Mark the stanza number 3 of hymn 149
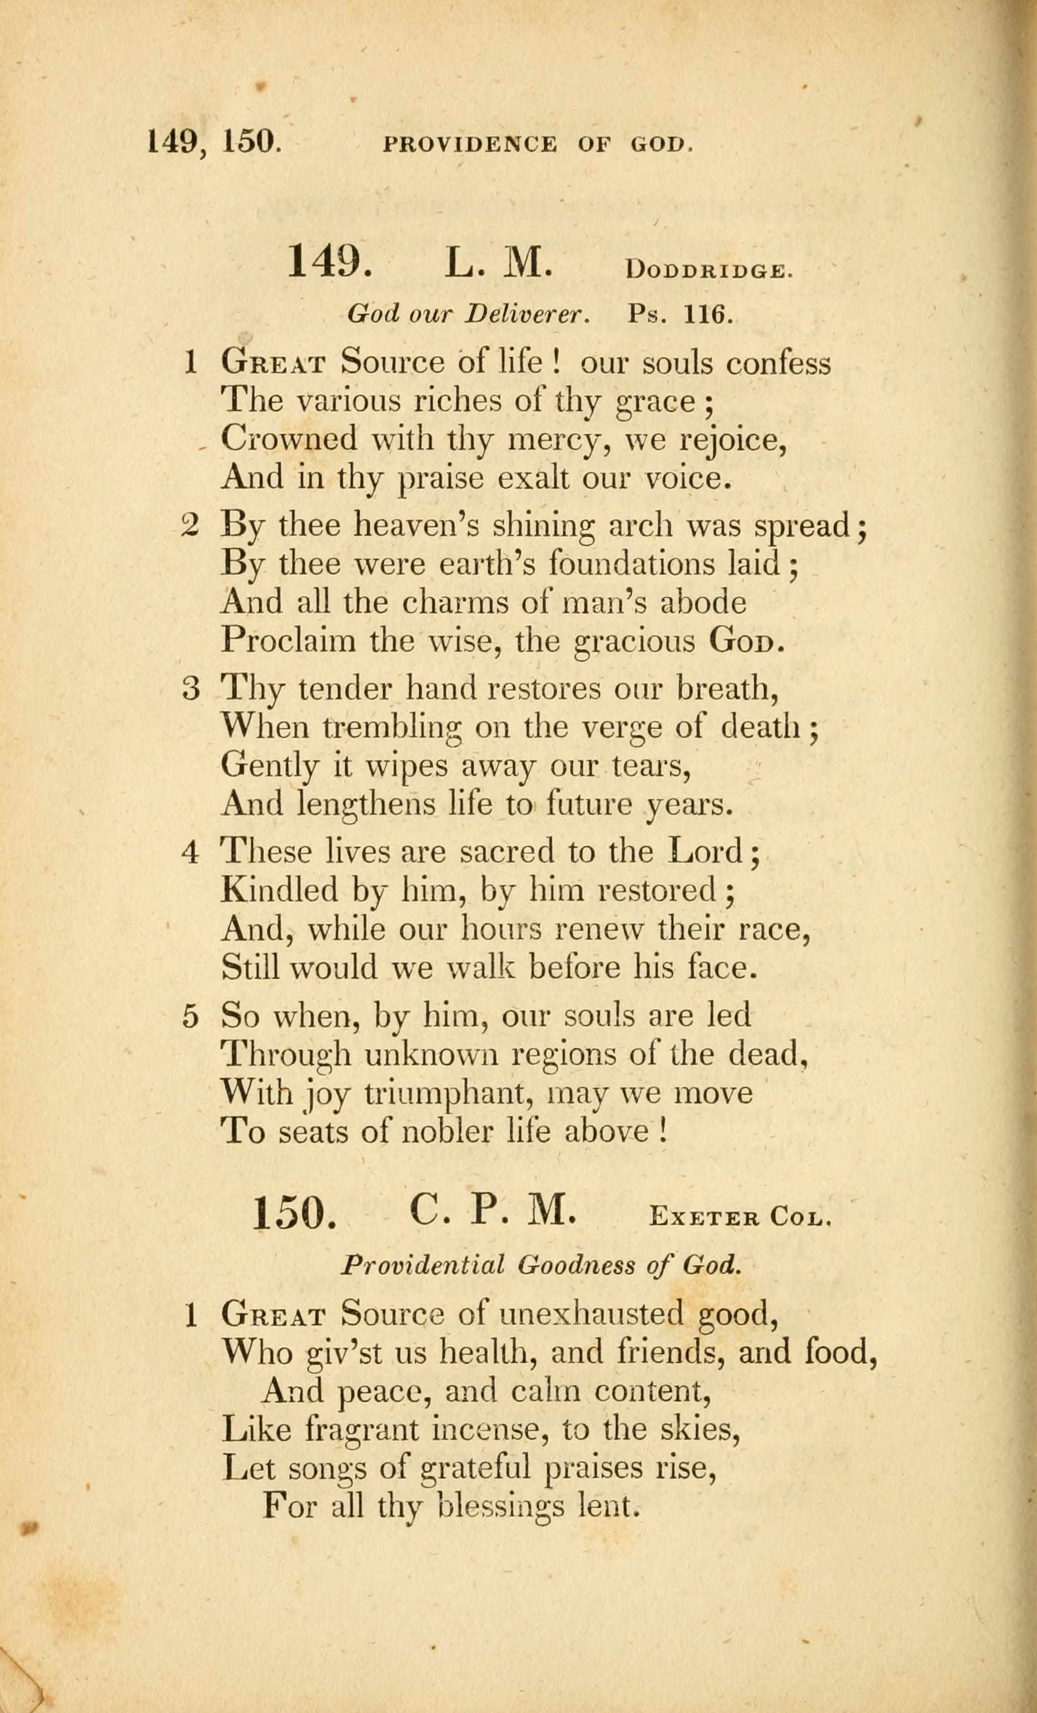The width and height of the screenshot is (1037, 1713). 191,689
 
